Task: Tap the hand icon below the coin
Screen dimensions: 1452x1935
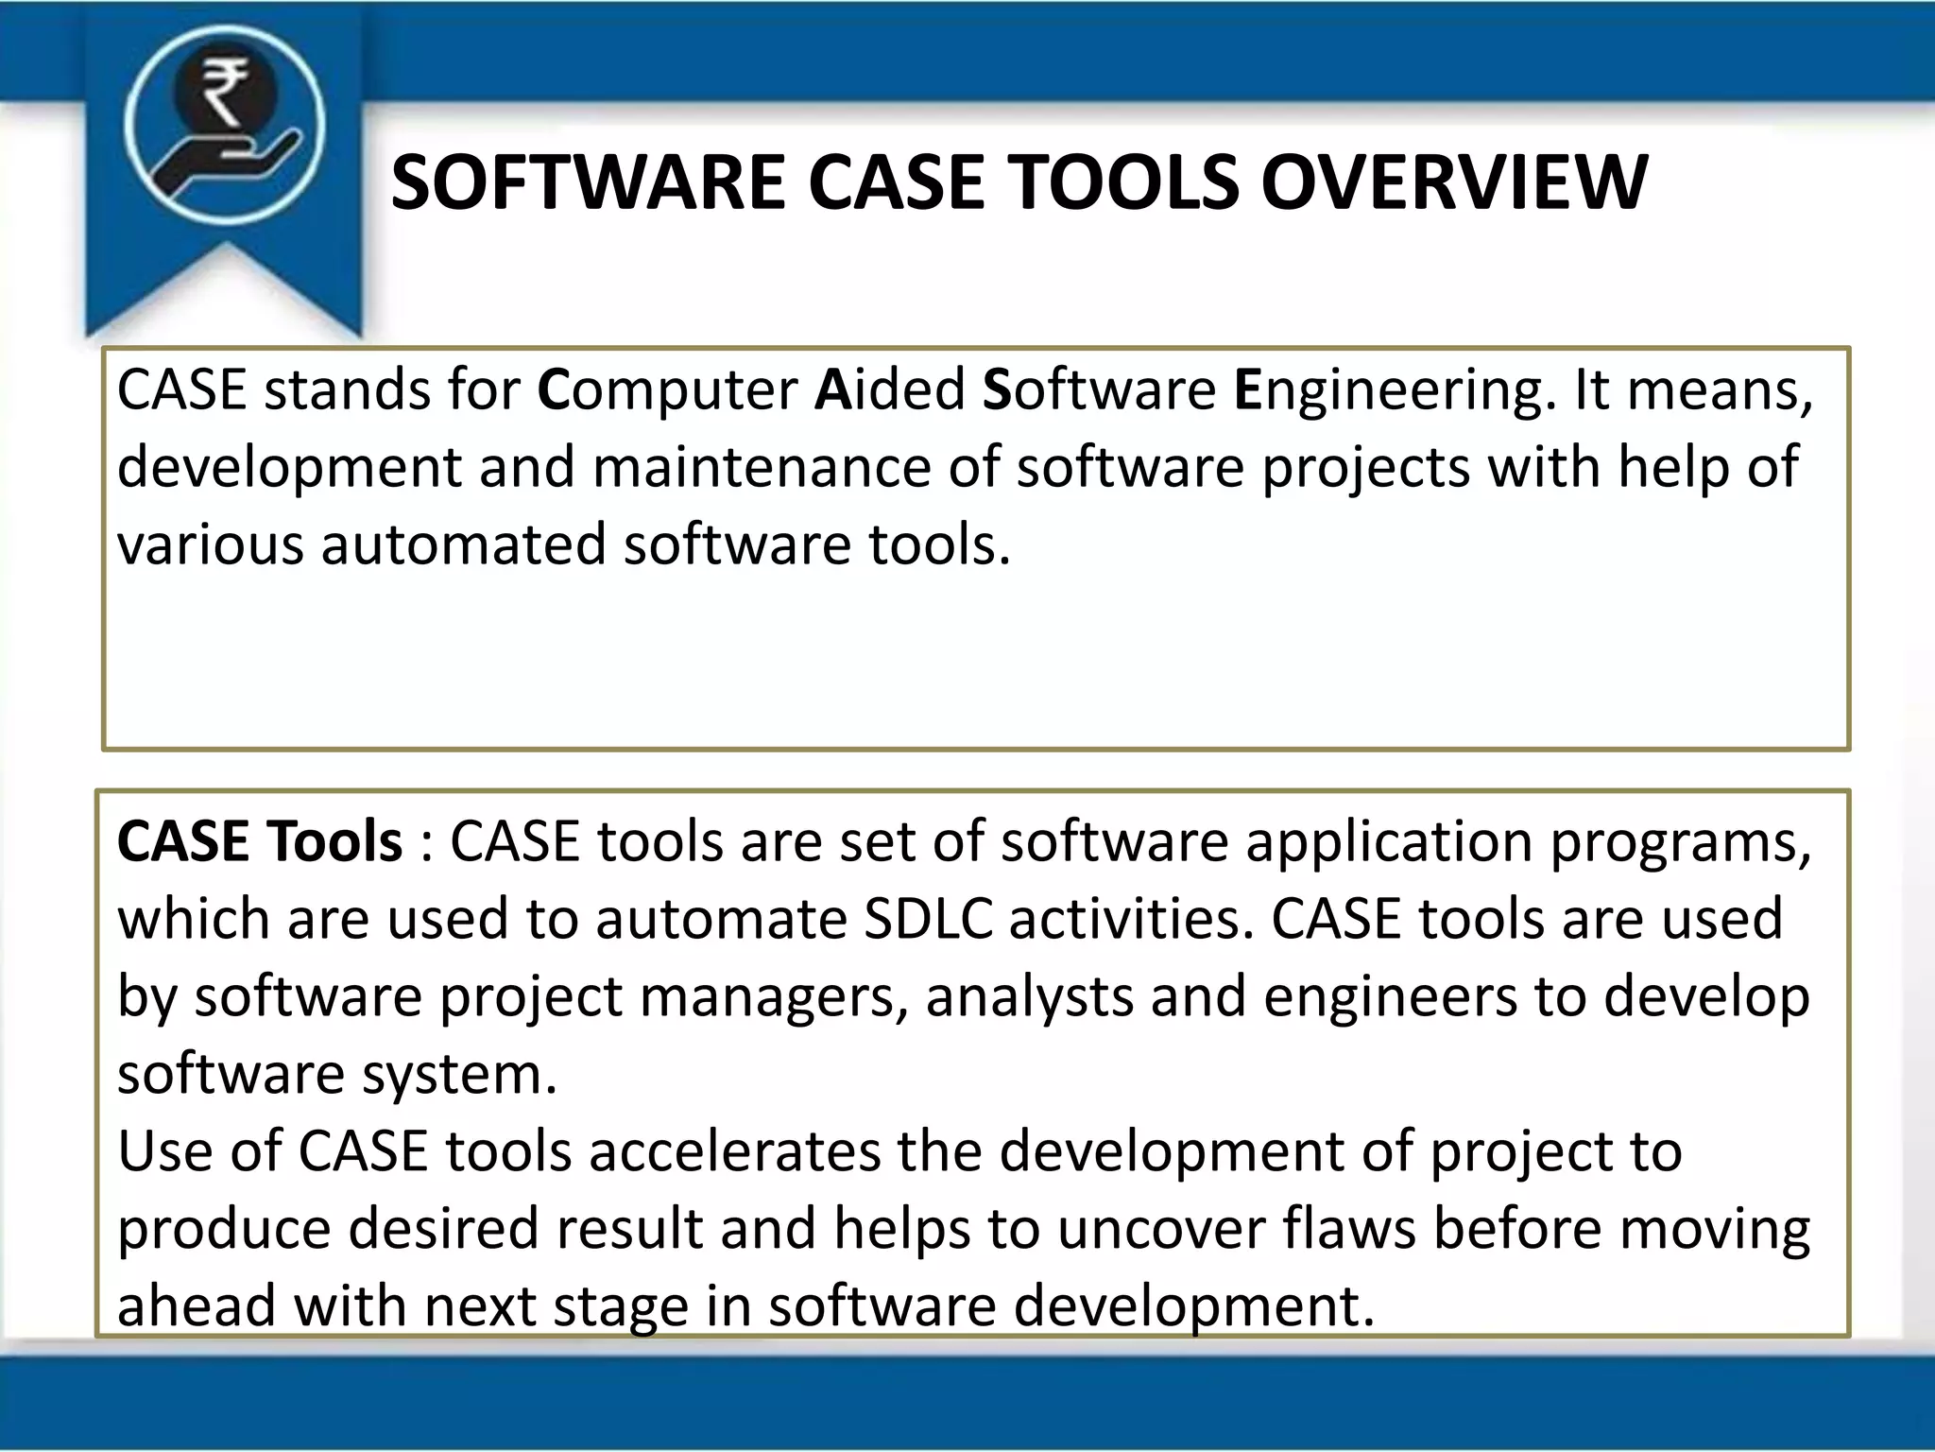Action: [231, 166]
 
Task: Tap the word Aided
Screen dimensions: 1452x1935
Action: [890, 389]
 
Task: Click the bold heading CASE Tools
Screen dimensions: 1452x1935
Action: [260, 841]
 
